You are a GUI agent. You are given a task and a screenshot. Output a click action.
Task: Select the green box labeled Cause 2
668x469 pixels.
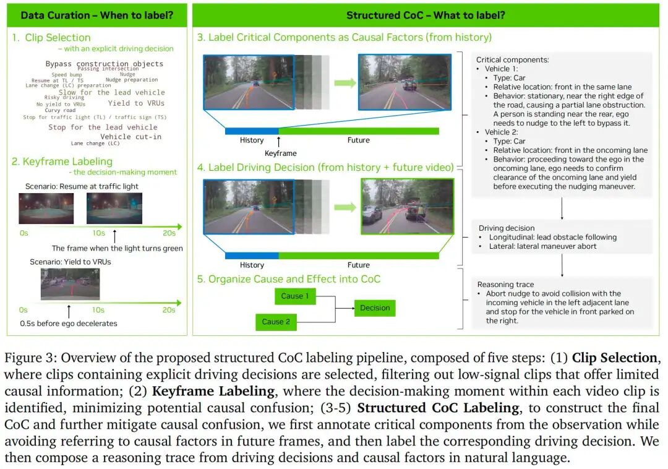click(x=276, y=322)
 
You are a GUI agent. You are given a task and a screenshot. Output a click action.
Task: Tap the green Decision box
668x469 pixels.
click(x=375, y=308)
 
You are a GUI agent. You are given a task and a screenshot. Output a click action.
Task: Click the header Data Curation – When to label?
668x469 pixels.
click(x=96, y=15)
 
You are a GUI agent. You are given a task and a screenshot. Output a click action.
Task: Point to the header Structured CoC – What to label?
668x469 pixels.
click(x=426, y=15)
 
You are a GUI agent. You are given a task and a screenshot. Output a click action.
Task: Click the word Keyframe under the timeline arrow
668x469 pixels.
click(x=280, y=153)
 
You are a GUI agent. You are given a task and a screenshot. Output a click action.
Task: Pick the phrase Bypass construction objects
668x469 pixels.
click(x=105, y=64)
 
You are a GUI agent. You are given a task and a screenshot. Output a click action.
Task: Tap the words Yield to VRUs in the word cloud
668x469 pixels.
click(x=136, y=103)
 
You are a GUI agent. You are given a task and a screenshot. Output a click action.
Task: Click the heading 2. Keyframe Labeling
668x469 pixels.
click(x=62, y=161)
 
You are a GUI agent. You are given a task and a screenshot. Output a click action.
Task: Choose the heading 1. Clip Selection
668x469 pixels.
click(x=52, y=38)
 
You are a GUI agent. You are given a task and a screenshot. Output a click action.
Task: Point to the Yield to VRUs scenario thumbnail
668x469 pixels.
click(x=69, y=284)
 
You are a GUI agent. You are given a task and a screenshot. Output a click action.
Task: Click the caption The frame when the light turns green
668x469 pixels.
click(x=118, y=248)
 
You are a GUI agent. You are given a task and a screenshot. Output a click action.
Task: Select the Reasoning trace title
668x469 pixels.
click(x=506, y=285)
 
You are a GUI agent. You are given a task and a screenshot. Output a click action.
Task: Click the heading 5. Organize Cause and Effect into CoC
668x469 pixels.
click(x=289, y=278)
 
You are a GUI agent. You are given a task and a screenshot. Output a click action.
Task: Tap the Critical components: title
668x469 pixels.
click(x=512, y=60)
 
